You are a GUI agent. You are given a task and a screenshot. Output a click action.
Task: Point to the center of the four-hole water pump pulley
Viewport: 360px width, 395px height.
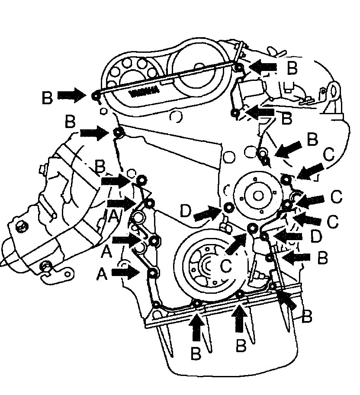[x=258, y=196]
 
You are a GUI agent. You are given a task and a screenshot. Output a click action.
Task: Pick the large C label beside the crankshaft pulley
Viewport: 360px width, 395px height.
[x=226, y=265]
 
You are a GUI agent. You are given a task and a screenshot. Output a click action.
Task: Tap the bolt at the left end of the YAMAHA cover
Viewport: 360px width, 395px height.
[x=96, y=95]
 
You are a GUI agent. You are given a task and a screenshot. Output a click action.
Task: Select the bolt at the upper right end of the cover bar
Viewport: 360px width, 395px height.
[x=239, y=67]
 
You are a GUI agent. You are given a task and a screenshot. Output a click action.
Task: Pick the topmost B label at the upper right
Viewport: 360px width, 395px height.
[x=293, y=67]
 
